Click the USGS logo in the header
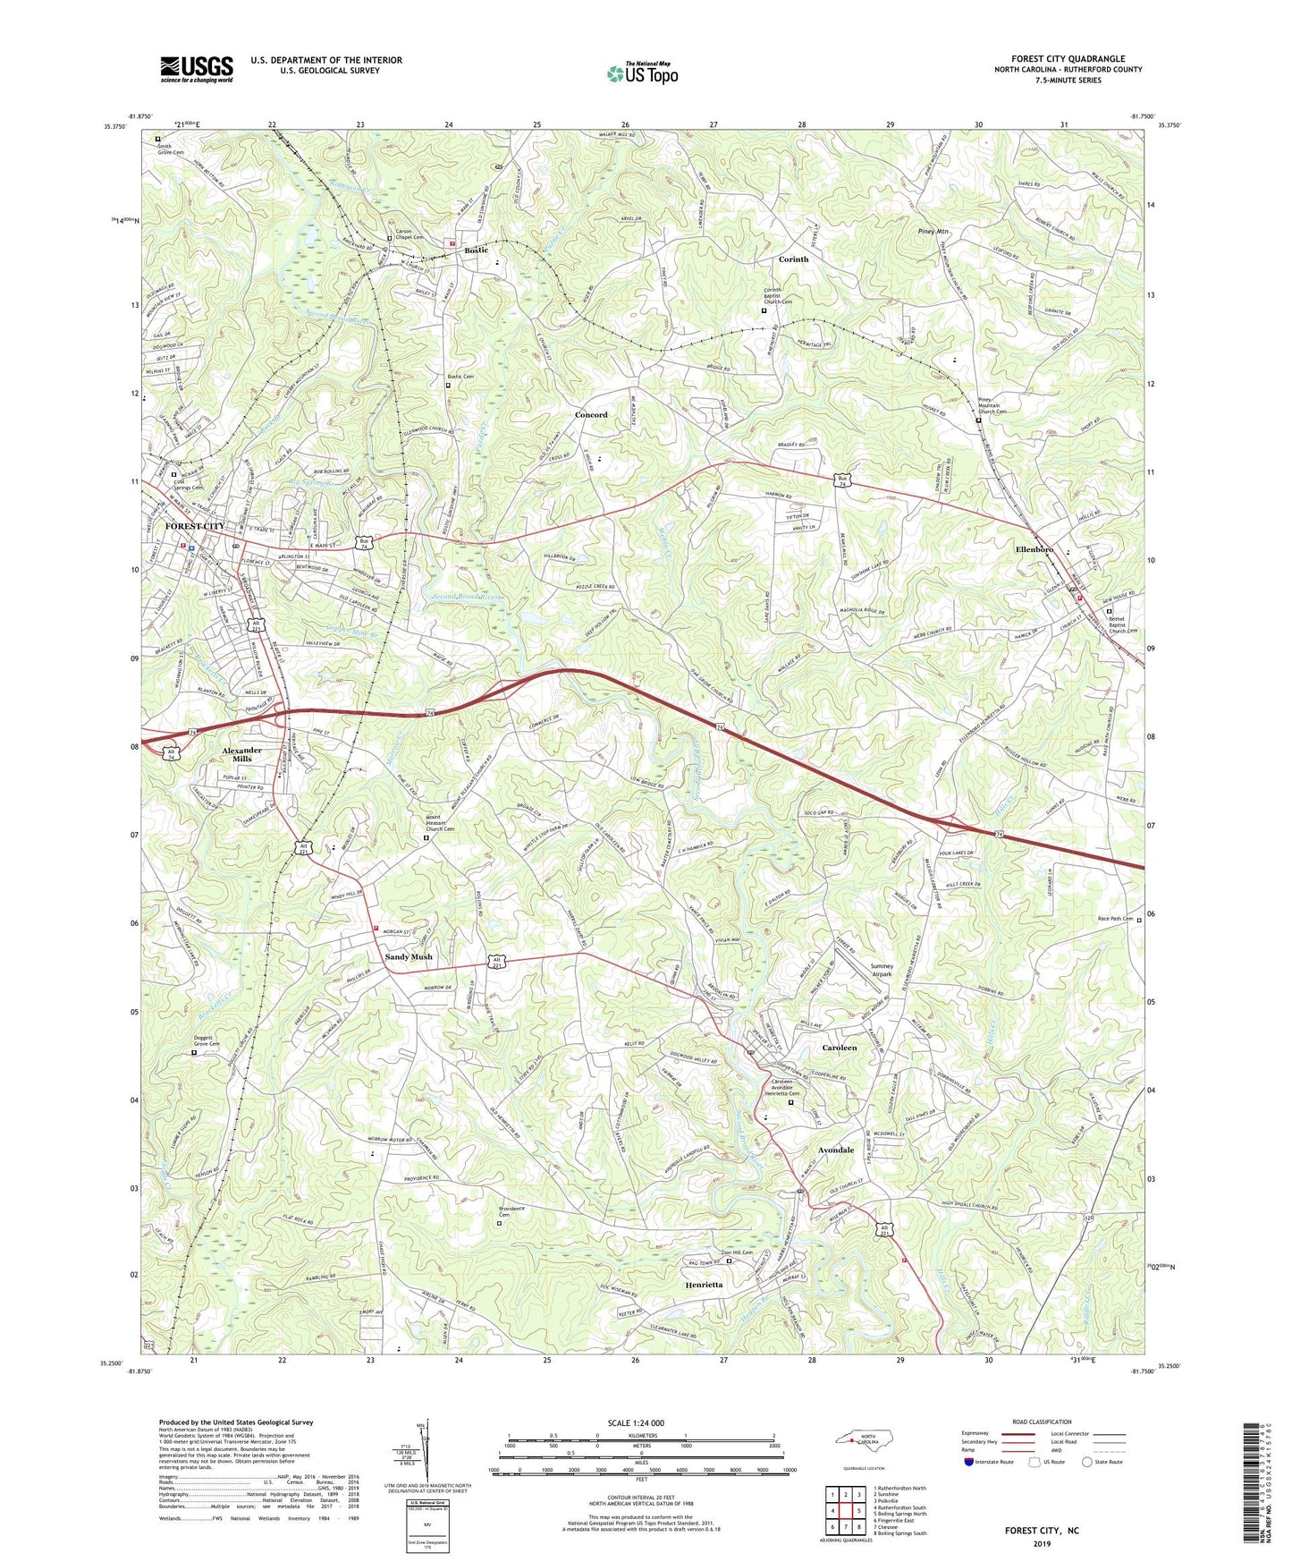pos(197,69)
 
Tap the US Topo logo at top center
pos(641,73)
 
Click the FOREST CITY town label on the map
pos(195,526)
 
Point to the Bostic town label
pos(476,250)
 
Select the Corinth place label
pos(793,259)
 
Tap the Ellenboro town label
pos(1034,549)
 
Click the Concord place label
pos(591,415)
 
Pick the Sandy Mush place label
pos(409,957)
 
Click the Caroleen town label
pos(839,1048)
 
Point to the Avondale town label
pos(836,1150)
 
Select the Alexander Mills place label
pos(242,754)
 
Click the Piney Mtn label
pos(933,232)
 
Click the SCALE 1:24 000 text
pos(636,1422)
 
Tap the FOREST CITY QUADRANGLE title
pos(1068,59)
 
